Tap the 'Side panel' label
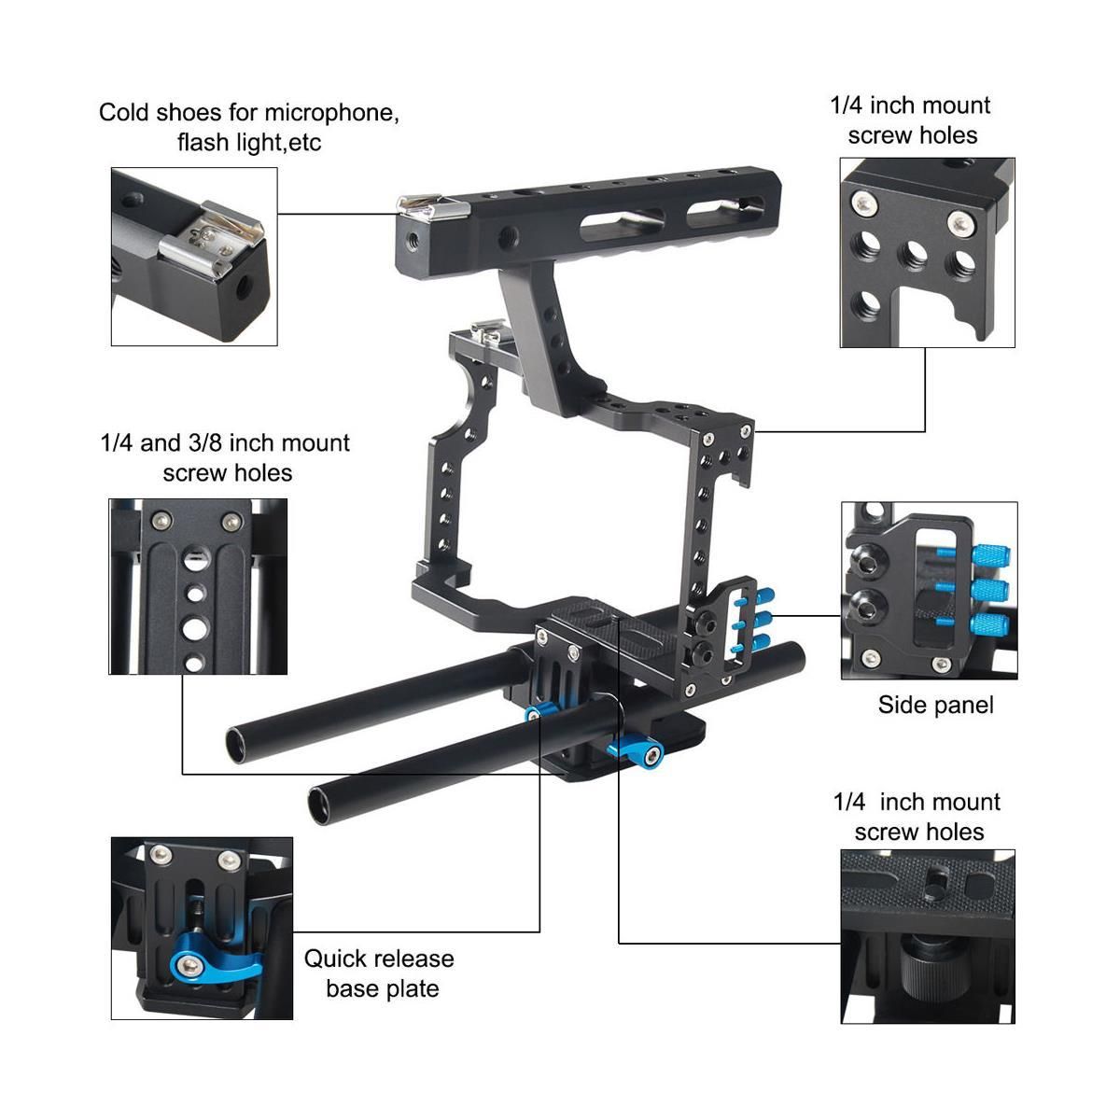pos(935,705)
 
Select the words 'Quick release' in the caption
pos(379,959)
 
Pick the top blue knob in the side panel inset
pos(991,554)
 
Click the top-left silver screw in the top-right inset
pos(863,203)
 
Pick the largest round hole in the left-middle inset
pos(196,628)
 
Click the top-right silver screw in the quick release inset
pos(231,857)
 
